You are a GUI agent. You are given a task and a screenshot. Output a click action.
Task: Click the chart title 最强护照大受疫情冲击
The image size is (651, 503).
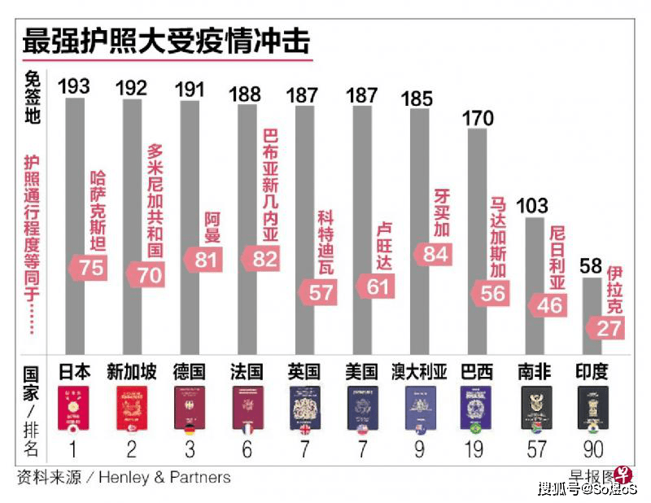pyautogui.click(x=166, y=40)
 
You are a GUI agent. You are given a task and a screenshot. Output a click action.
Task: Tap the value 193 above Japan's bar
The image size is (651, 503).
pyautogui.click(x=74, y=85)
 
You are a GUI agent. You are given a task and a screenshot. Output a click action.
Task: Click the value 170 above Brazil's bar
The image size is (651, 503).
pyautogui.click(x=477, y=118)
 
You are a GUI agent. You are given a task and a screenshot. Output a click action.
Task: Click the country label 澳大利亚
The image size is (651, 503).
pyautogui.click(x=419, y=372)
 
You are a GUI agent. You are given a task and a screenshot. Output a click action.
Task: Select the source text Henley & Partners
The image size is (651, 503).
pyautogui.click(x=164, y=477)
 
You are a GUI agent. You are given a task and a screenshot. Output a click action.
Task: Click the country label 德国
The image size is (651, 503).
pyautogui.click(x=189, y=372)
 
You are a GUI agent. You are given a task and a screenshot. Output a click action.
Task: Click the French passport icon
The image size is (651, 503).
pyautogui.click(x=247, y=409)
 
